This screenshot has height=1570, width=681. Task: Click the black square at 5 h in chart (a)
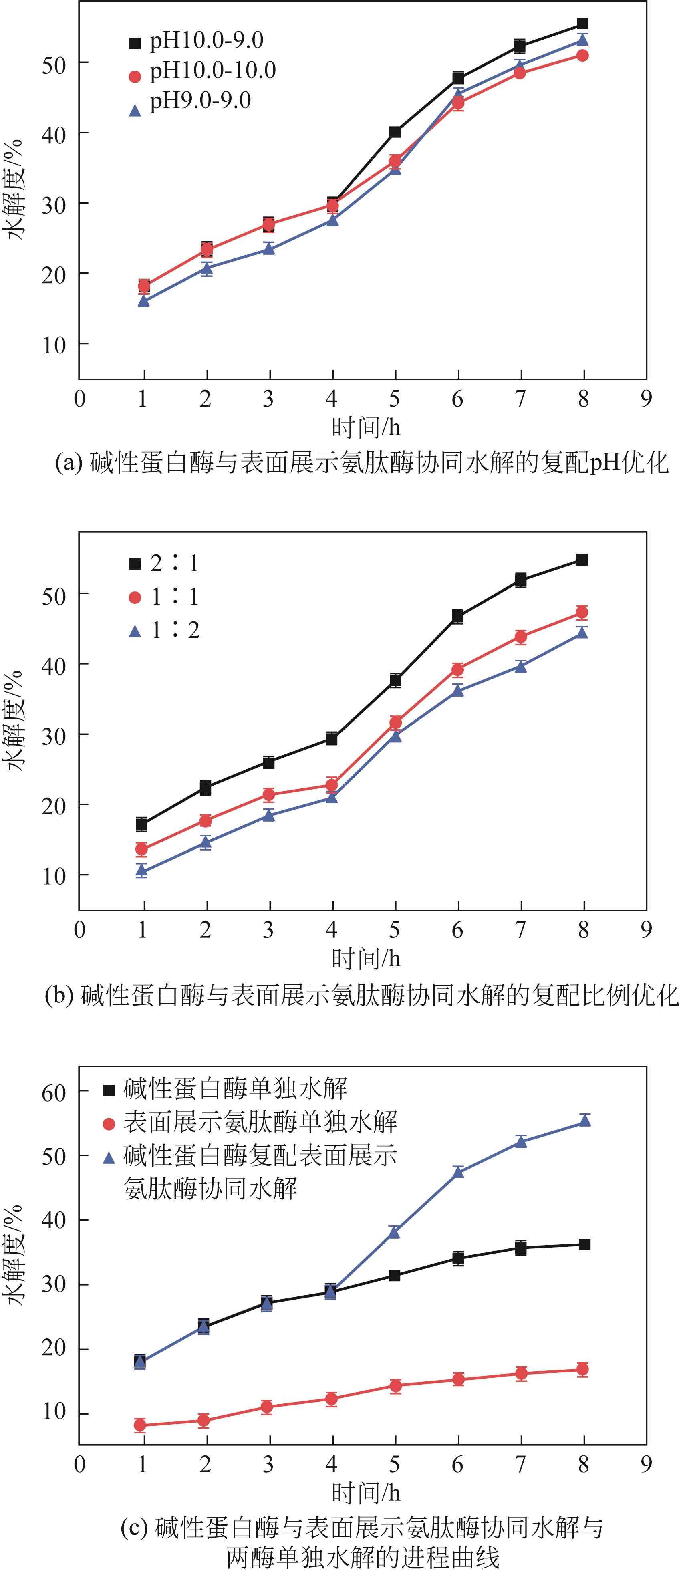(x=395, y=132)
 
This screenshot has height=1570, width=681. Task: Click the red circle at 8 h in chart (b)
(x=582, y=612)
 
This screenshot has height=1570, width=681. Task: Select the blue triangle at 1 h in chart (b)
(x=142, y=870)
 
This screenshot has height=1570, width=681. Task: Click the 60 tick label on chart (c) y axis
(x=54, y=1093)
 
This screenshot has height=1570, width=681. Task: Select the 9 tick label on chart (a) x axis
(x=646, y=399)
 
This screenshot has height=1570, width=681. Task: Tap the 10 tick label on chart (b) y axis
(x=54, y=876)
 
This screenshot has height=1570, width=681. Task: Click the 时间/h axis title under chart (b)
(x=366, y=959)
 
